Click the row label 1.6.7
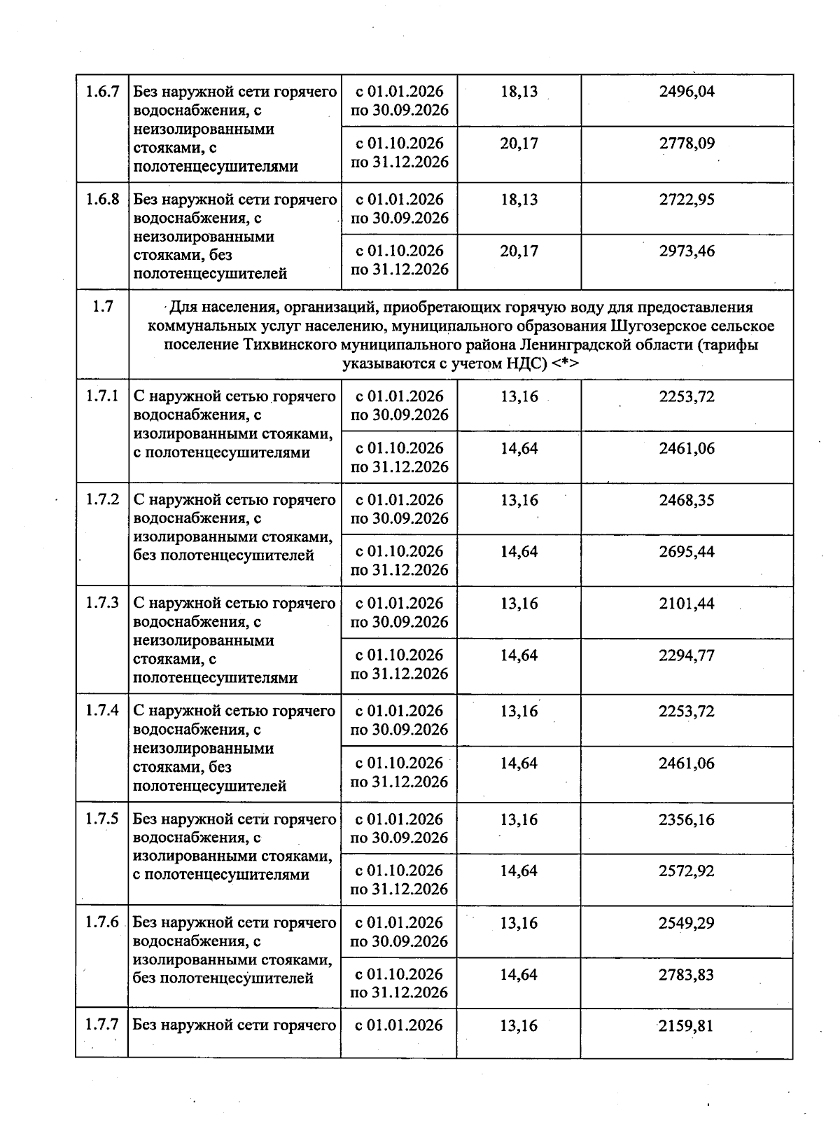click(x=102, y=92)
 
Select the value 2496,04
click(x=687, y=92)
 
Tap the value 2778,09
click(x=687, y=144)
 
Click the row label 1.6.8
click(x=102, y=200)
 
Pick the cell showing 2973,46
click(x=687, y=251)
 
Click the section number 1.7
click(x=102, y=307)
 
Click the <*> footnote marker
click(x=565, y=363)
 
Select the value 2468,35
click(x=687, y=500)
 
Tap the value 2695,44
click(x=687, y=552)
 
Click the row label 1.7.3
click(x=102, y=603)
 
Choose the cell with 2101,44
click(x=687, y=603)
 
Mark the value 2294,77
click(x=687, y=656)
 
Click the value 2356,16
click(x=687, y=819)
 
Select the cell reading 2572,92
click(x=687, y=871)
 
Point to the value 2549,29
click(x=687, y=922)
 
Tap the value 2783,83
click(x=687, y=974)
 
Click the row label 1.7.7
click(x=102, y=1025)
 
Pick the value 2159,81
click(x=687, y=1026)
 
